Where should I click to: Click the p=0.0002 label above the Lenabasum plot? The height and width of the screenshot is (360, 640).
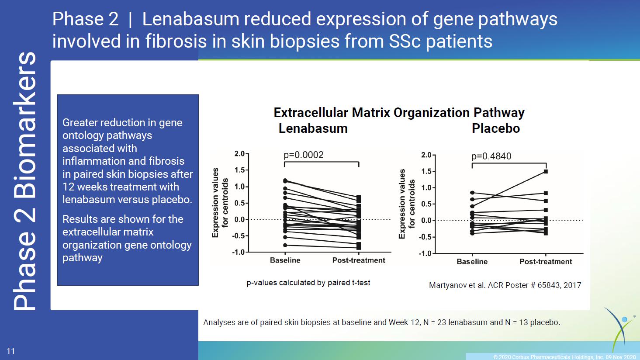tap(304, 155)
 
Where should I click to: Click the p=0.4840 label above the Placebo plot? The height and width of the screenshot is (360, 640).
tap(491, 156)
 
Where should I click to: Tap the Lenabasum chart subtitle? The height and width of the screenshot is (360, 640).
tap(313, 128)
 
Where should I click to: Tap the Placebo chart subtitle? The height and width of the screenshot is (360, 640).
tap(496, 128)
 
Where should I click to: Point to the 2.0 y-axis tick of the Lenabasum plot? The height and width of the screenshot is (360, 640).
tap(239, 154)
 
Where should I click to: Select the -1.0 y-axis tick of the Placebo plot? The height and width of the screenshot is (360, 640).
tap(425, 253)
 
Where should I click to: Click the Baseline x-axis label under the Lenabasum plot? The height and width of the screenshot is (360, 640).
tap(285, 260)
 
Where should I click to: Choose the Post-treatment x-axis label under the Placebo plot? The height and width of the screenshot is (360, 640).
tap(546, 261)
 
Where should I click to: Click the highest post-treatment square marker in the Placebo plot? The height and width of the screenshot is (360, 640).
tap(546, 171)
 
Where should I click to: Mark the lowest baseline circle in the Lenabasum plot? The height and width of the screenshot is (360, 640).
tap(285, 245)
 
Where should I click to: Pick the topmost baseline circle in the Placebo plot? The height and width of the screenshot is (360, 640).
tap(472, 193)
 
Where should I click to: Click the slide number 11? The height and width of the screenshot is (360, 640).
tap(10, 351)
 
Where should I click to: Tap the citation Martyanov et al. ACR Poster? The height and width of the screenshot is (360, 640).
tap(505, 285)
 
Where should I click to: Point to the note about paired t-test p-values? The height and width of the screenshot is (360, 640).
tap(308, 283)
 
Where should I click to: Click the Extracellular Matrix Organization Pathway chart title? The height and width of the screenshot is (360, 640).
tap(399, 113)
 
